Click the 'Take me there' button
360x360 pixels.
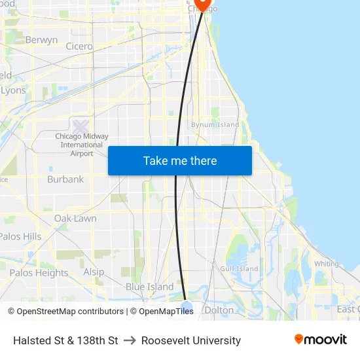pyautogui.click(x=180, y=161)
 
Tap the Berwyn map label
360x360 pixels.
pyautogui.click(x=41, y=40)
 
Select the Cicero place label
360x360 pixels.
pyautogui.click(x=79, y=46)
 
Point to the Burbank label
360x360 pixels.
pyautogui.click(x=65, y=179)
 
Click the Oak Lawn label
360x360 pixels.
pyautogui.click(x=75, y=218)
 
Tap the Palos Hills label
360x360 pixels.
pyautogui.click(x=20, y=236)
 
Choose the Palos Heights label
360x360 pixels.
pyautogui.click(x=39, y=273)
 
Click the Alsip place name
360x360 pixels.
pyautogui.click(x=94, y=272)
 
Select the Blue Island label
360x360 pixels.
pyautogui.click(x=149, y=287)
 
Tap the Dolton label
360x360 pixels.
pyautogui.click(x=219, y=310)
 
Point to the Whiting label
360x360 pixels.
pyautogui.click(x=327, y=264)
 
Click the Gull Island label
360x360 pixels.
pyautogui.click(x=239, y=268)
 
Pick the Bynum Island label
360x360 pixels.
pyautogui.click(x=215, y=125)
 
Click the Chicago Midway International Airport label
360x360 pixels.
pyautogui.click(x=82, y=145)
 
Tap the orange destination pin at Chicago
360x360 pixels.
pyautogui.click(x=203, y=3)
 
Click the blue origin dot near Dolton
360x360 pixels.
pyautogui.click(x=187, y=306)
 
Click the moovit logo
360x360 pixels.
pyautogui.click(x=320, y=340)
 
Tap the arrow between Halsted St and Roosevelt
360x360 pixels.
pyautogui.click(x=130, y=340)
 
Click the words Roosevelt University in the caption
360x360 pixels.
pyautogui.click(x=191, y=340)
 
